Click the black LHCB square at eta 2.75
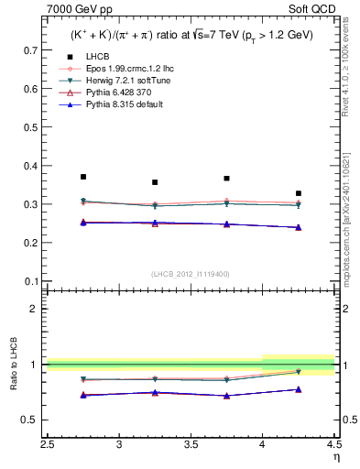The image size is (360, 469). (83, 177)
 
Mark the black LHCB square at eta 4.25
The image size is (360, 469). (299, 193)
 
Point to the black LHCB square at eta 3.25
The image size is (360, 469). (155, 182)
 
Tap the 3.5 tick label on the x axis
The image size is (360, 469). (191, 445)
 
